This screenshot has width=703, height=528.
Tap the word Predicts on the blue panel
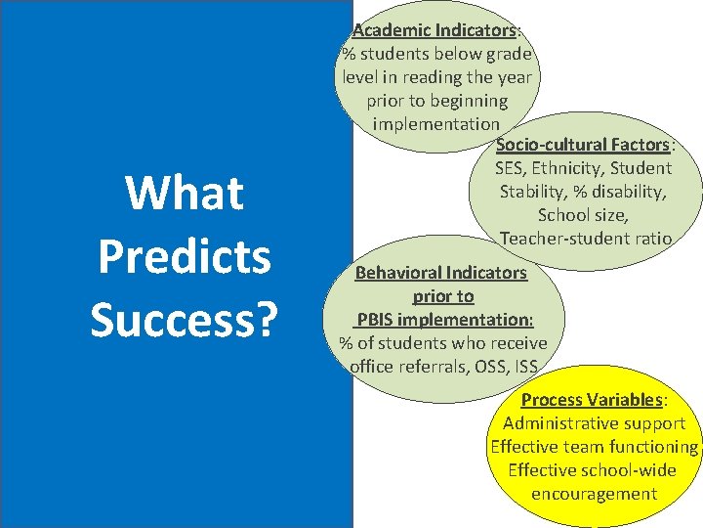pyautogui.click(x=185, y=256)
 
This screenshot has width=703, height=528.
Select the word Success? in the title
pyautogui.click(x=185, y=319)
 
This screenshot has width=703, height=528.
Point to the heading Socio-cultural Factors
pyautogui.click(x=583, y=145)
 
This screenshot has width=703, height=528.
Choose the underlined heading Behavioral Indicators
pyautogui.click(x=440, y=272)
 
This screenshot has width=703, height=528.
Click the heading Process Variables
pyautogui.click(x=592, y=400)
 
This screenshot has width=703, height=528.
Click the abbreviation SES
pyautogui.click(x=513, y=168)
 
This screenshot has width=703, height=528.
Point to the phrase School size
pyautogui.click(x=583, y=215)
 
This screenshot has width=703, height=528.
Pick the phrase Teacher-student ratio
pyautogui.click(x=585, y=239)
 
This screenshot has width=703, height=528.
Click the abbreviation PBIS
pyautogui.click(x=380, y=319)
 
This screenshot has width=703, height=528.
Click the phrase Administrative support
pyautogui.click(x=594, y=423)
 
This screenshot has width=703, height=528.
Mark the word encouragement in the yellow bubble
pyautogui.click(x=594, y=494)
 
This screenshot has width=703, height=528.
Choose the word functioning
pyautogui.click(x=649, y=447)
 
